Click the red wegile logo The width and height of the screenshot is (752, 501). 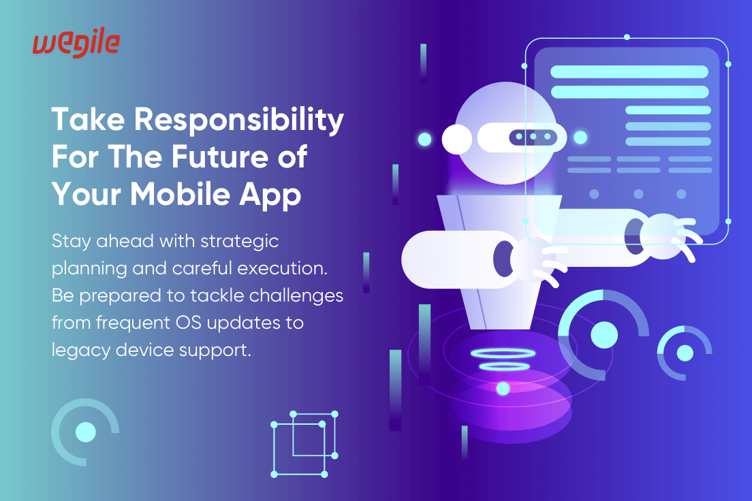76,45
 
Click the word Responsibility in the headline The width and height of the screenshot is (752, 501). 239,120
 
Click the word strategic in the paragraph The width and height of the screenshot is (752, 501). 239,242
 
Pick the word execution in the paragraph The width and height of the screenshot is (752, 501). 282,268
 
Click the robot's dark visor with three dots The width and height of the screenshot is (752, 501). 533,137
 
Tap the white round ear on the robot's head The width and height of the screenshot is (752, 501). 456,139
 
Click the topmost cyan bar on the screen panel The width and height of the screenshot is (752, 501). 629,72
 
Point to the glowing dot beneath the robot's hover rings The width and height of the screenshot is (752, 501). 503,388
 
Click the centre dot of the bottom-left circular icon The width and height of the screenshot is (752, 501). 86,432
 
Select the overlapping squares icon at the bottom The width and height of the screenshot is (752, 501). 304,444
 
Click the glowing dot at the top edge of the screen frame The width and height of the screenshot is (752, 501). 627,37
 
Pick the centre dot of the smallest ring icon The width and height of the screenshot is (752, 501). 685,353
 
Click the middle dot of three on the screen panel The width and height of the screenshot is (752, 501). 638,194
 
